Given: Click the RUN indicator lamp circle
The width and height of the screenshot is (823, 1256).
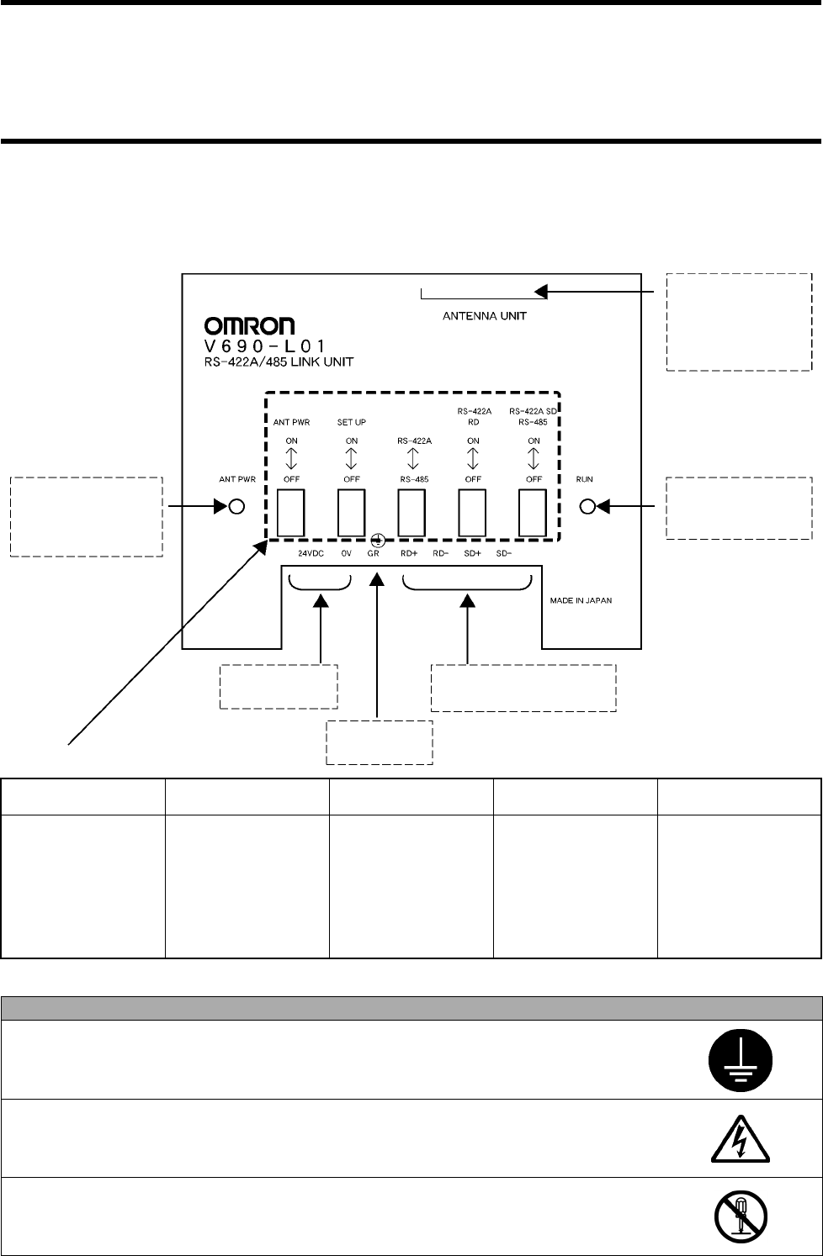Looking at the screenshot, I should point(588,507).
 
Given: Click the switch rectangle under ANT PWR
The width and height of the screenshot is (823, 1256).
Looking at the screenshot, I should point(290,513).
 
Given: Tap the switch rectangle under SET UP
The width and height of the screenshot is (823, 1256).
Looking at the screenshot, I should point(351,513).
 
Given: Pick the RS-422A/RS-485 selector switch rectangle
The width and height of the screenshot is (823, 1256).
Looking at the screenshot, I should point(411,513).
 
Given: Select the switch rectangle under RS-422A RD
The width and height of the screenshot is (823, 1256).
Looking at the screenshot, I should point(472,513).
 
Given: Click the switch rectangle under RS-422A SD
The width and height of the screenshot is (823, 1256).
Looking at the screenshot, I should point(533,513).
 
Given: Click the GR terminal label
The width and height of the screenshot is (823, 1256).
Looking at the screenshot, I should point(374,553).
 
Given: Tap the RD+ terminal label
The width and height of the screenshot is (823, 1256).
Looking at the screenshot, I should point(410,553).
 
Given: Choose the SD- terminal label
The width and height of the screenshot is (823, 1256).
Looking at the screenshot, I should point(504,553).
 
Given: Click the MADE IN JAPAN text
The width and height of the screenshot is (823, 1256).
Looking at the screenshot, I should point(581,601).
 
